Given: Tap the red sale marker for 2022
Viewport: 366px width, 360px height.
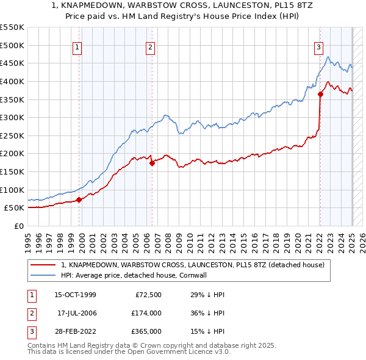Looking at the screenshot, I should [321, 94].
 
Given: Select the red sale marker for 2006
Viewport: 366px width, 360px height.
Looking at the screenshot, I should [152, 163].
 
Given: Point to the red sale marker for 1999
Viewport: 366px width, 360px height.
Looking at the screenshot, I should [79, 200].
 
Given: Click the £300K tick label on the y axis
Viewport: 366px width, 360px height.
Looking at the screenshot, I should [13, 117].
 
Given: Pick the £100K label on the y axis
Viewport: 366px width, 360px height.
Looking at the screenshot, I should [13, 190].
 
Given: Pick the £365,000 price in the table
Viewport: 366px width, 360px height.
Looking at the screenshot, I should [146, 331].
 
